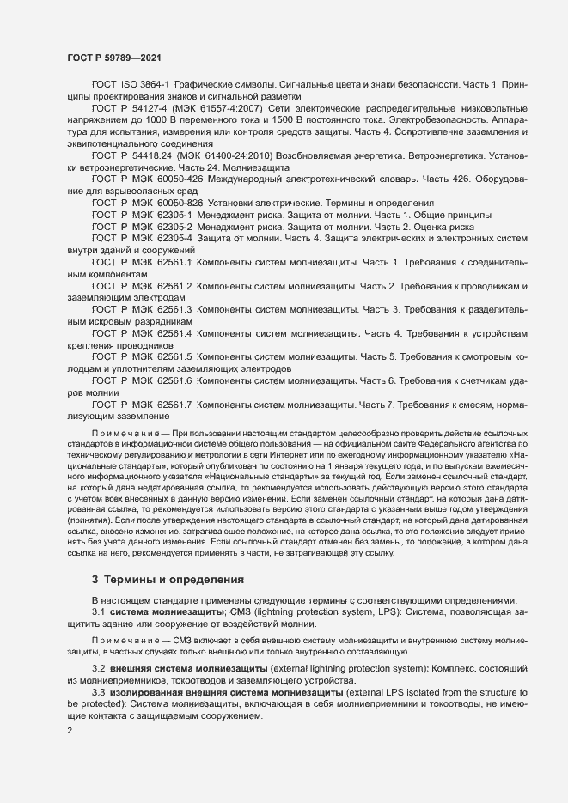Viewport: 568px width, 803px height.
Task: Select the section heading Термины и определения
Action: click(175, 580)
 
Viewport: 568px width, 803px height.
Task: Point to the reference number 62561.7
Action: click(168, 403)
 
